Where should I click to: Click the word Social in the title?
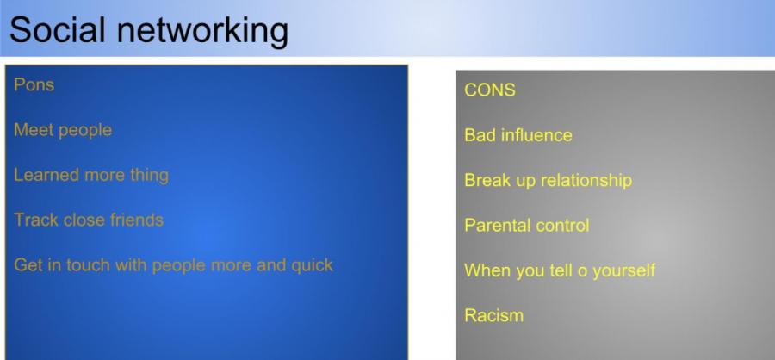point(58,29)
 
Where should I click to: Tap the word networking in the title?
point(202,32)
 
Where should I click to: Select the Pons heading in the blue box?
point(34,84)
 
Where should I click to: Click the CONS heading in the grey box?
point(490,90)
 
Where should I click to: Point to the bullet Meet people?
point(63,131)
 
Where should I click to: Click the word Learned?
point(46,175)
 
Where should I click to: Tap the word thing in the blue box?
point(149,176)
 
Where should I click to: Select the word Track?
point(36,220)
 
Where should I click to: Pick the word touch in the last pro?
point(89,265)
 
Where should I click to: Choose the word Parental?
point(496,225)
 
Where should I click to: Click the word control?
point(561,226)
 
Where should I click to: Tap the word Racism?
point(493,315)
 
